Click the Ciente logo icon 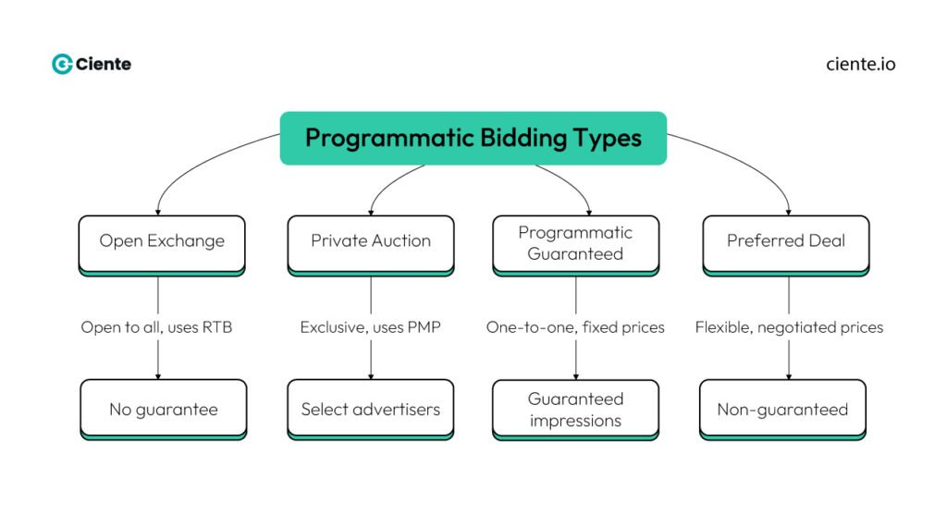(62, 64)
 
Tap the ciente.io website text (860, 64)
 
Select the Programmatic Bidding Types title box (473, 138)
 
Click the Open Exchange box (162, 242)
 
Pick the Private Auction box (371, 242)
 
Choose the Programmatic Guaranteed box (575, 242)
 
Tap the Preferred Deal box (786, 242)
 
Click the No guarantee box (164, 409)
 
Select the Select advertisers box (371, 409)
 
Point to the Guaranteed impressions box (575, 409)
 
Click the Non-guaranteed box (782, 409)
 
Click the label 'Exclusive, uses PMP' (371, 327)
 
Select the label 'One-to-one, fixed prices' (575, 327)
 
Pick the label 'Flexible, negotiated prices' (789, 327)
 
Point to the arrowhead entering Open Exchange (158, 211)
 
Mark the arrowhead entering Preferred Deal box (789, 211)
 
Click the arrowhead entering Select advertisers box (371, 374)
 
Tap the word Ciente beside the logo (104, 64)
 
